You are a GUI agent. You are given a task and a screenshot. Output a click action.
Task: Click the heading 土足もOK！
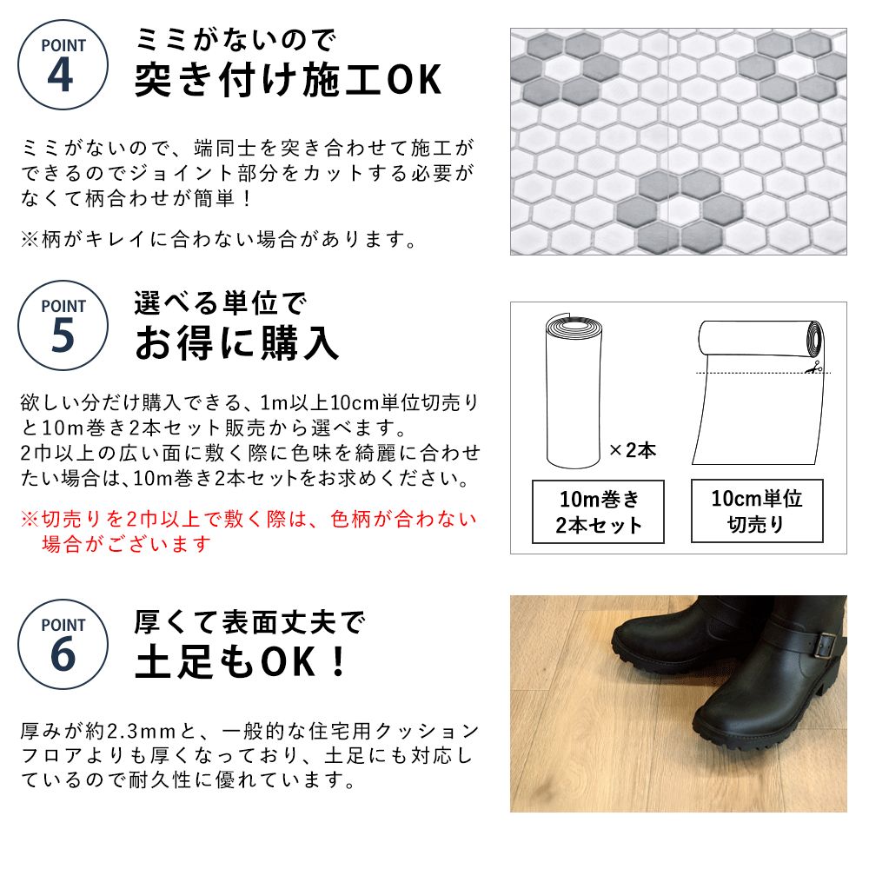click(x=242, y=663)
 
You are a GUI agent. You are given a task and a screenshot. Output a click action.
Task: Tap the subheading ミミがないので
click(x=235, y=39)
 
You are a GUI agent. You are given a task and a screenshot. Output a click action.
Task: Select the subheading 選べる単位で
click(x=221, y=303)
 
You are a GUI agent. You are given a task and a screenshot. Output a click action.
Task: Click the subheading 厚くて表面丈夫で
click(x=249, y=622)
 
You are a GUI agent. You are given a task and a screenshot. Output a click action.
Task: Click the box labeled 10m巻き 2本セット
click(x=599, y=512)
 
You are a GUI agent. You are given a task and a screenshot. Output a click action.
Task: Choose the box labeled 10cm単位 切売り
click(x=756, y=511)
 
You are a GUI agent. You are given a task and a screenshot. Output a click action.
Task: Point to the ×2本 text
click(x=632, y=450)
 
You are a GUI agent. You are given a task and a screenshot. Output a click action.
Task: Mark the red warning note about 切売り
click(x=249, y=532)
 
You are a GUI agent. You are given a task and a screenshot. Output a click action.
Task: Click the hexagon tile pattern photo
click(x=678, y=141)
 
